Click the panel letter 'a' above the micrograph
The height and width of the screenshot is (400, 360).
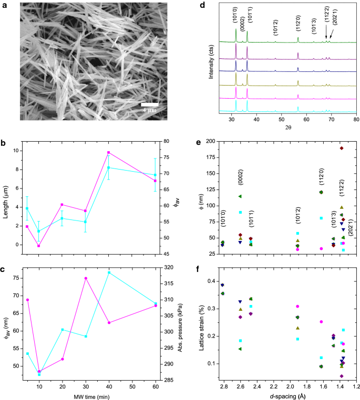pos(4,6)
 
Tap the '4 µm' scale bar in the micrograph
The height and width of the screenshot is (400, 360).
pos(150,105)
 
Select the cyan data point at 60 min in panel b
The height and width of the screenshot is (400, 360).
pos(155,175)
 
